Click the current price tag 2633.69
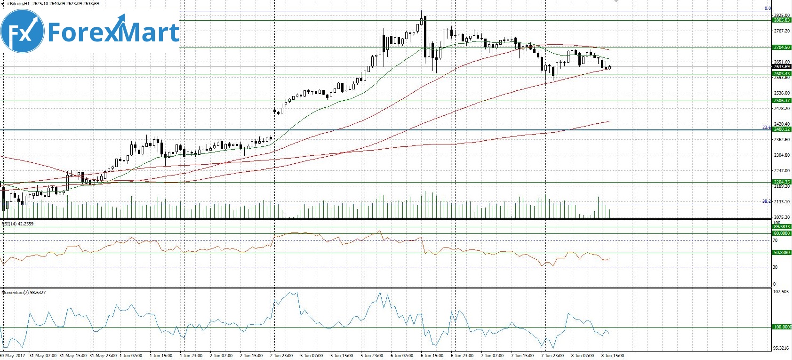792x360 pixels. [x=782, y=67]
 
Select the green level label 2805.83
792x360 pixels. [x=782, y=20]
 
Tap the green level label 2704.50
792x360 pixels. [x=782, y=48]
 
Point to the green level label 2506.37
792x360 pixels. [x=782, y=101]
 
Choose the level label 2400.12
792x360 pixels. [x=782, y=129]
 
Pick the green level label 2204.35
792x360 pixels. [x=782, y=182]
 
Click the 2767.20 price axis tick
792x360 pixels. [x=781, y=31]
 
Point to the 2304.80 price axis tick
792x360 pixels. [x=781, y=155]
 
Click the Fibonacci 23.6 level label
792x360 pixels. [x=766, y=128]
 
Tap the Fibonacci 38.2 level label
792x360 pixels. [x=766, y=201]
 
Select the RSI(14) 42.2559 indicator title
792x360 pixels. [x=17, y=224]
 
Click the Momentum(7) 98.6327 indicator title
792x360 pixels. [x=24, y=293]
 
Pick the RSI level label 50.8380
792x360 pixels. [x=782, y=253]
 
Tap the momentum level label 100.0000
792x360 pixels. [x=782, y=327]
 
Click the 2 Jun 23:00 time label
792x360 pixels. [x=281, y=356]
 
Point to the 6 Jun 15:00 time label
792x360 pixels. [x=432, y=356]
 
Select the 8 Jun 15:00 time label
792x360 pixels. [x=612, y=356]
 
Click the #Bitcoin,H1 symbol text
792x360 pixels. [x=18, y=4]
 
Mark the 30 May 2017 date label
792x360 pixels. [x=13, y=356]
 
